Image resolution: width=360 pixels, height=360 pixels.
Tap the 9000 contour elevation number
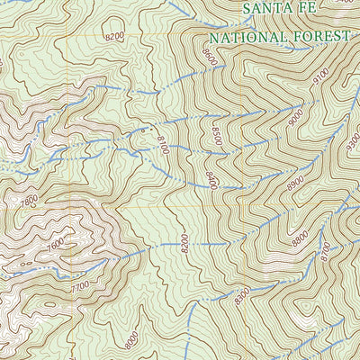296,116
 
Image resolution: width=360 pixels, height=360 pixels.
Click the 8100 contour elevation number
162,144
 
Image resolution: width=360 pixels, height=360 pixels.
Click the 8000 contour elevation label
132,341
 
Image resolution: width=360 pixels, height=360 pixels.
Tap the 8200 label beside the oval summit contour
114,37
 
